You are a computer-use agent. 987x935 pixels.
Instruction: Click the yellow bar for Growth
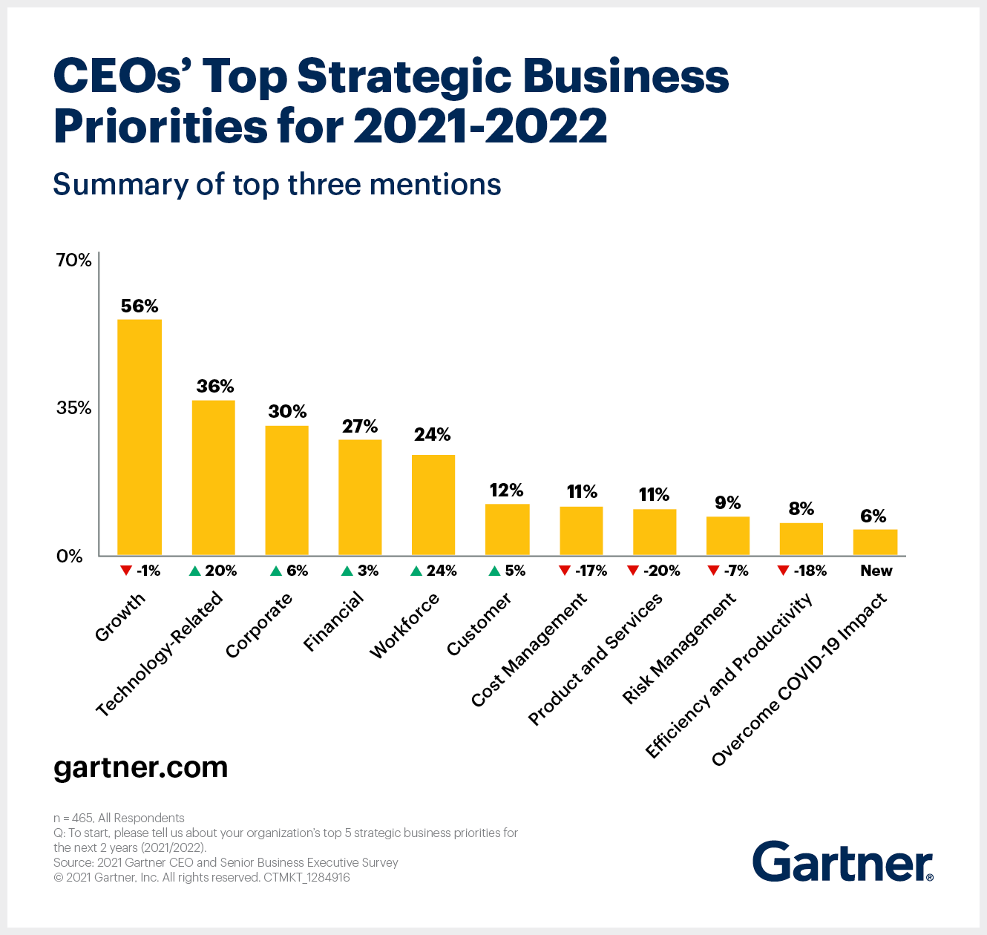coord(140,437)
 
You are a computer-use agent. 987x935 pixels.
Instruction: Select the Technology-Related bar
coord(214,478)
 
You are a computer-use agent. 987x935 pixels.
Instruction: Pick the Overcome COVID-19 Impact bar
coord(875,542)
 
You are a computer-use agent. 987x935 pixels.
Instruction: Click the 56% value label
coord(140,306)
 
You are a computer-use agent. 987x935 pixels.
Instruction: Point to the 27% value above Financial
coord(360,426)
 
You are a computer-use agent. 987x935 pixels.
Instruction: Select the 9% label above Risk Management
coord(728,502)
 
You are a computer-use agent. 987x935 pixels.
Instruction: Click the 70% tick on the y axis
coord(73,260)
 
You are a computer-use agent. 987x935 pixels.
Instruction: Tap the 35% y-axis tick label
coord(73,407)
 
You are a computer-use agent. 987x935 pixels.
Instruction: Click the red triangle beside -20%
coord(633,570)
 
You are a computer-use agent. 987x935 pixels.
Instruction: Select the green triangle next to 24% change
coord(416,571)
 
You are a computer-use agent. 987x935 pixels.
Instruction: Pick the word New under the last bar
coord(876,571)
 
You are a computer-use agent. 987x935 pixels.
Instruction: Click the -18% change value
coord(810,571)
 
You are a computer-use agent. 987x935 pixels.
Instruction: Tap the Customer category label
coord(479,624)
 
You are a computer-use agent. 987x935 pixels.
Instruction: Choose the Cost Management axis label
coord(529,649)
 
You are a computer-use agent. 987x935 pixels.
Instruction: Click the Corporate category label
coord(259,626)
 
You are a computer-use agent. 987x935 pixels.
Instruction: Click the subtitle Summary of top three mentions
coord(277,184)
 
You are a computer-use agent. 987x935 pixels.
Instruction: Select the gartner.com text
coord(140,767)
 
